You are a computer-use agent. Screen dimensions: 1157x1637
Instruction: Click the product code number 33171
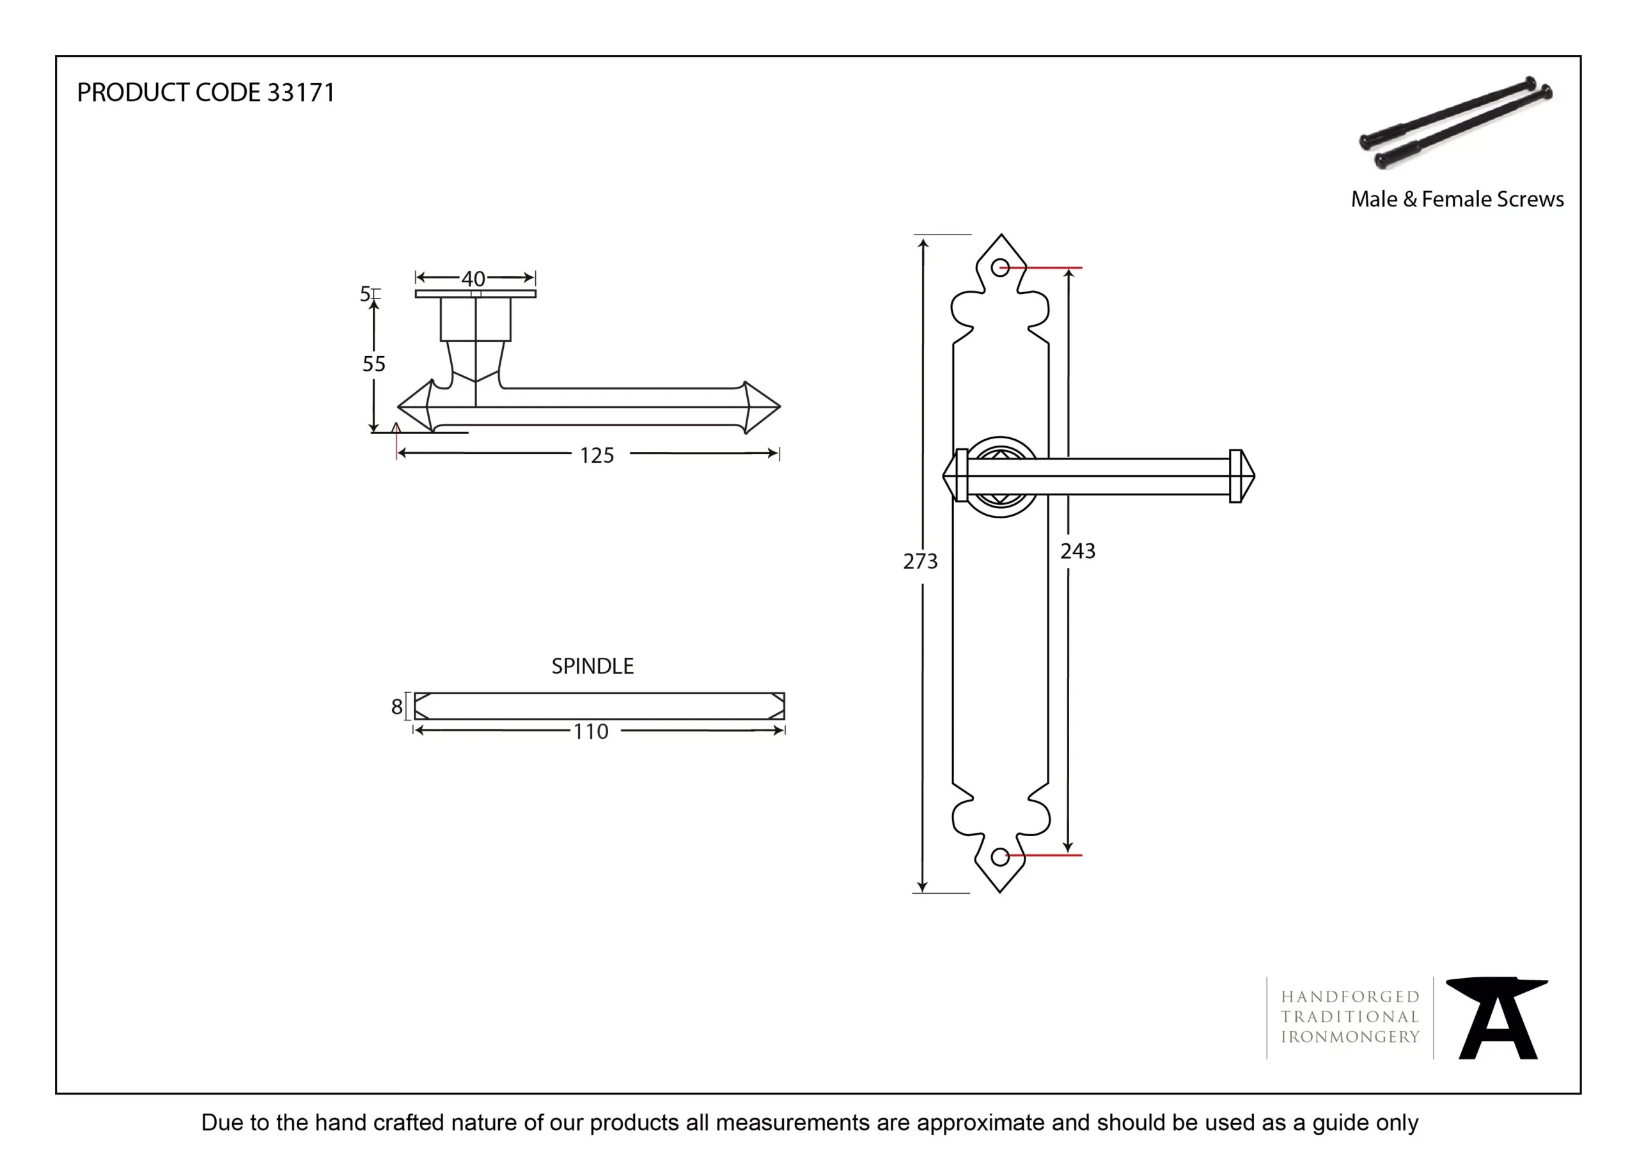[300, 93]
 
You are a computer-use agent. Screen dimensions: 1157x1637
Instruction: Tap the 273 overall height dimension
[920, 562]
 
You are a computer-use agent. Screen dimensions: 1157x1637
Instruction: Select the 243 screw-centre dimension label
[1077, 551]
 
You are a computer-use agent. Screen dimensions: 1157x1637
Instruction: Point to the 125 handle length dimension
[597, 456]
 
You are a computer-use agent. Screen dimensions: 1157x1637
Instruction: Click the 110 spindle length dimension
[591, 731]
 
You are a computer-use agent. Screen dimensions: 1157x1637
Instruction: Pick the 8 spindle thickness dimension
[397, 707]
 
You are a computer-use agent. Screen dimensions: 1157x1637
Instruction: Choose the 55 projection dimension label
[373, 364]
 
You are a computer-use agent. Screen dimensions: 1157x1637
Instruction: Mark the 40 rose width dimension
[473, 279]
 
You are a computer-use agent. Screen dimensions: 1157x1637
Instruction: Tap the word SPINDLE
[593, 666]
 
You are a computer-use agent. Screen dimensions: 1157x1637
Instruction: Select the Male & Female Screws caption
[1457, 199]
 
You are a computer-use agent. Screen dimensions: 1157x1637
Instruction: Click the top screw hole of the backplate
[1000, 268]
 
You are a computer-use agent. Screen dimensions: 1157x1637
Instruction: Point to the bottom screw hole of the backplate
[1000, 856]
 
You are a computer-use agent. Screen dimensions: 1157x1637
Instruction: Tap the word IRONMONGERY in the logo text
[1351, 1037]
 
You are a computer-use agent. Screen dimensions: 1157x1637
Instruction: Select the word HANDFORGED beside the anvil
[1351, 997]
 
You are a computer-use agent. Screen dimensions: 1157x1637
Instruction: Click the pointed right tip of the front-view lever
[1253, 476]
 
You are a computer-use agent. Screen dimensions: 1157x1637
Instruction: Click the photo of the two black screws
[1457, 123]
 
